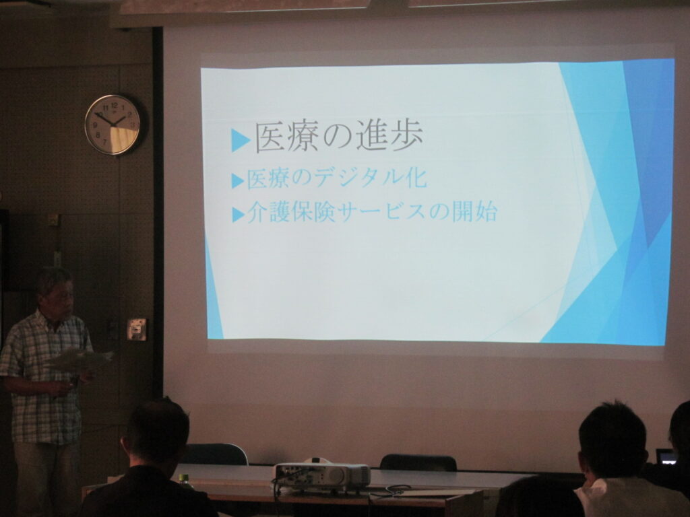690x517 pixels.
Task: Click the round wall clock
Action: (113, 125)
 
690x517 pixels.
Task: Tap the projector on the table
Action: (322, 475)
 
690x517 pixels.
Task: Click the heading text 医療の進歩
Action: (339, 137)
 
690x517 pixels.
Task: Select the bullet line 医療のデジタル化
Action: (337, 178)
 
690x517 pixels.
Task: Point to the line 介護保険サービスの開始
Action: (372, 212)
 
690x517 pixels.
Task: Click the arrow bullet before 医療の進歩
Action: (241, 141)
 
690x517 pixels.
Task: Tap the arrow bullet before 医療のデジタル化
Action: (238, 180)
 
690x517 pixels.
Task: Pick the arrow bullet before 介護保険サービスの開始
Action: (238, 215)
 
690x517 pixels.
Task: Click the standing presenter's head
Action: (55, 292)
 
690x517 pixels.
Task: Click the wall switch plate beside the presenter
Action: (136, 329)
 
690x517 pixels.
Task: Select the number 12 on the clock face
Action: (115, 105)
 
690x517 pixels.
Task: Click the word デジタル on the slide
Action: (353, 178)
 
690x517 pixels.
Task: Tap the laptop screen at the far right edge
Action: (666, 457)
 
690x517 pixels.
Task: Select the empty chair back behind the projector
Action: (418, 462)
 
